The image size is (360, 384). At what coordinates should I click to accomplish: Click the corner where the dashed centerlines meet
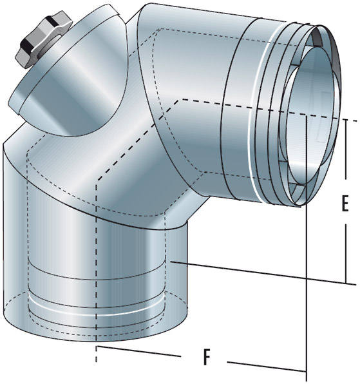tap(182, 100)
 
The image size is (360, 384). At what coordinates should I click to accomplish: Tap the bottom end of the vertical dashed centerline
tap(97, 360)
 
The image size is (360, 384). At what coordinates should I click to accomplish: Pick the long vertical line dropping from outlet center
tap(306, 290)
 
